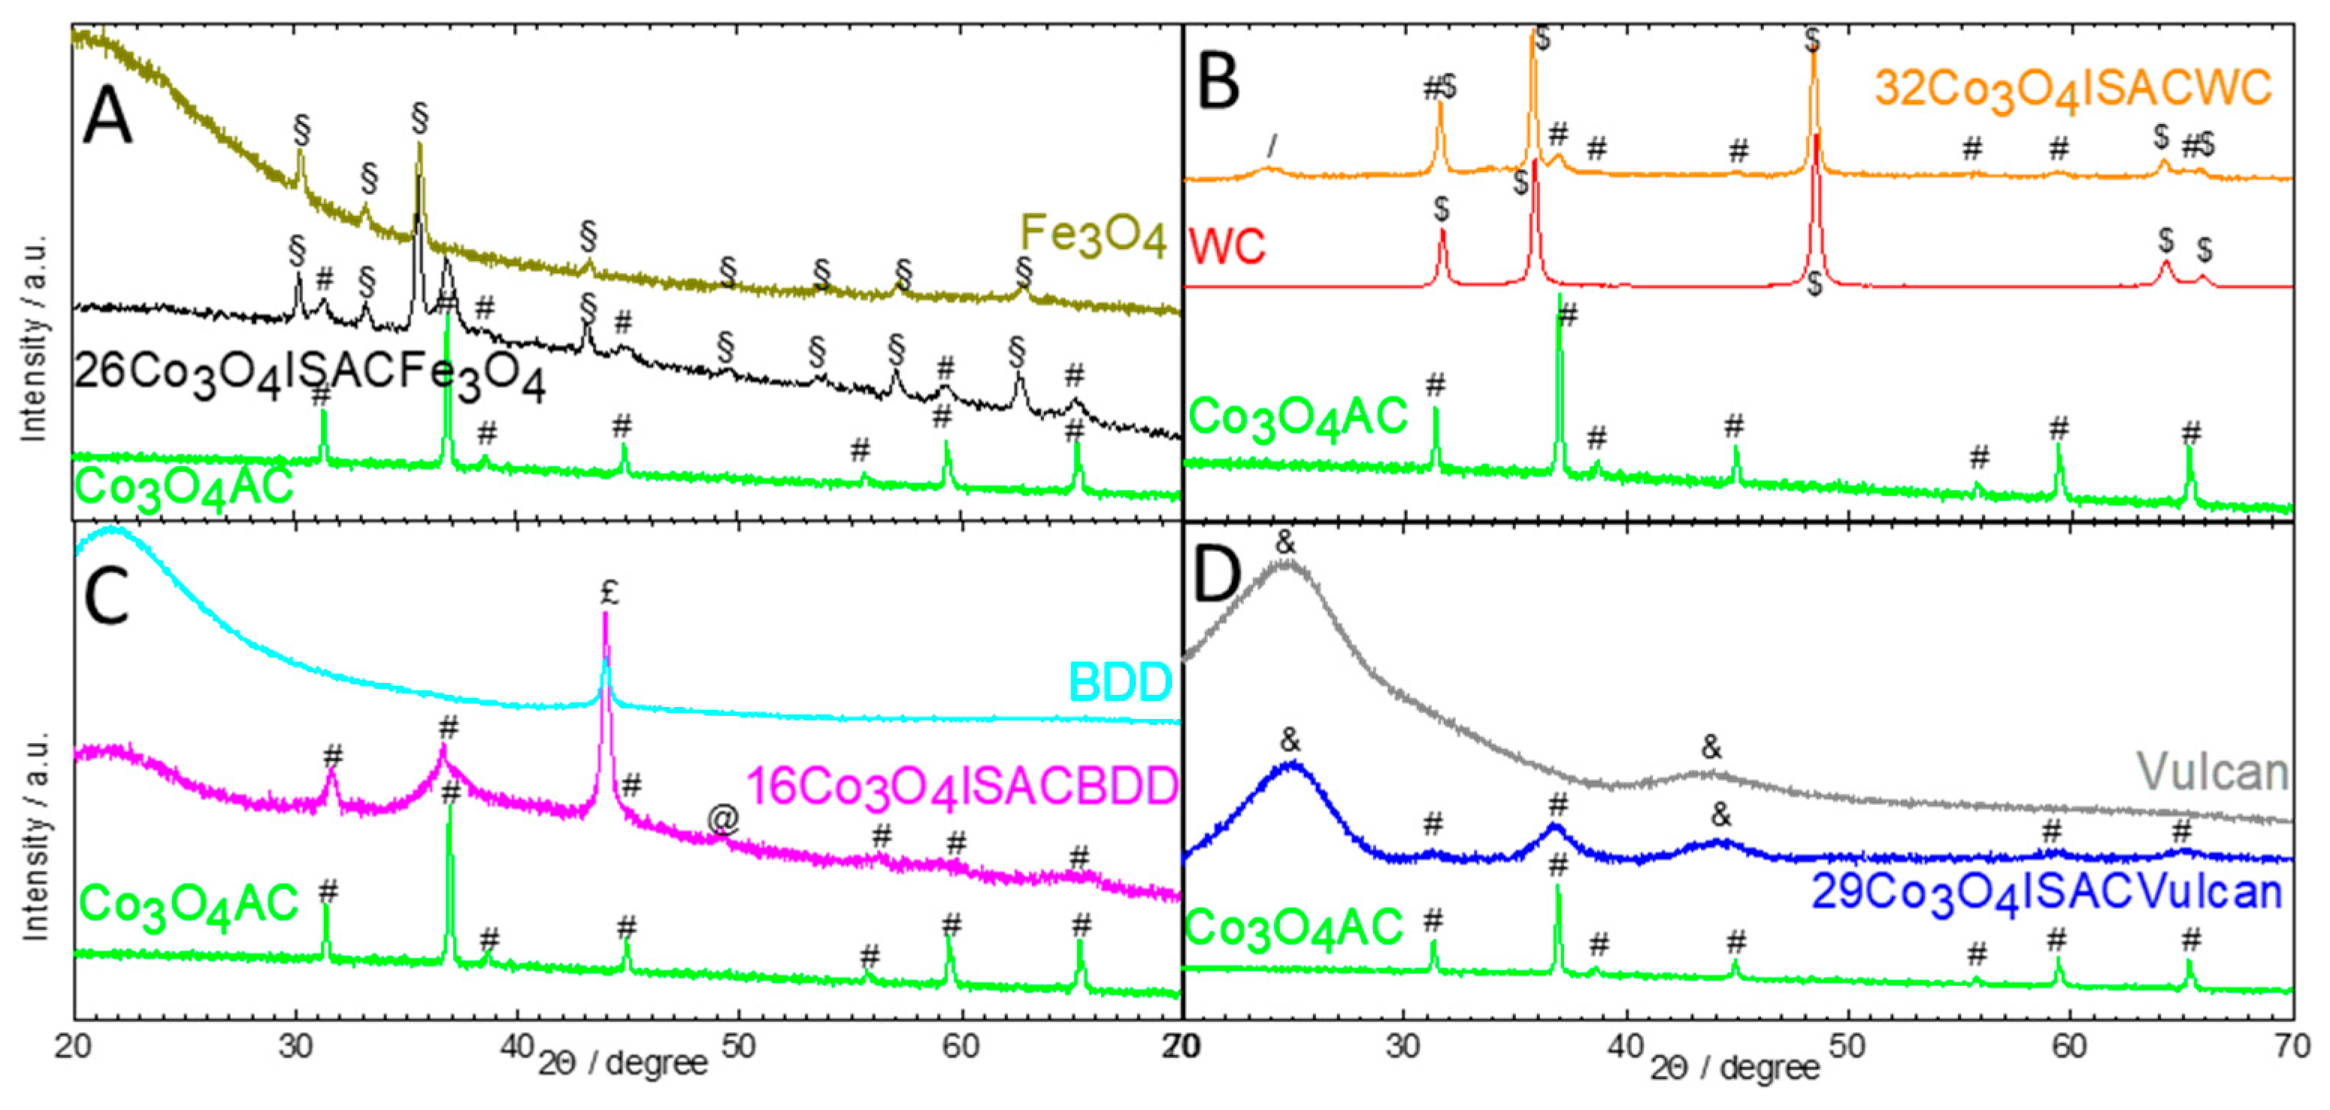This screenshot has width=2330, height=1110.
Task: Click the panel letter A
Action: point(107,120)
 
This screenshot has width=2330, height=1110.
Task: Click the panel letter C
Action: point(107,597)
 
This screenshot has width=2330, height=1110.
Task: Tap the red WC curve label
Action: point(1227,245)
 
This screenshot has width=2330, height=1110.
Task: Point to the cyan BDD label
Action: point(1120,683)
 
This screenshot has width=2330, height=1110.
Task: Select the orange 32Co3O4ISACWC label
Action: point(2071,90)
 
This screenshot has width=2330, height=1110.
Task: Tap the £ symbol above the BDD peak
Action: point(610,593)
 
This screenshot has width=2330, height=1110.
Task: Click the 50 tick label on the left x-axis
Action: point(739,1047)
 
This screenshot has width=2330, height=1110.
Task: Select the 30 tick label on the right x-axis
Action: point(1404,1047)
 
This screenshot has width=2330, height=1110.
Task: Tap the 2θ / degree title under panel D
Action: point(1734,1067)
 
